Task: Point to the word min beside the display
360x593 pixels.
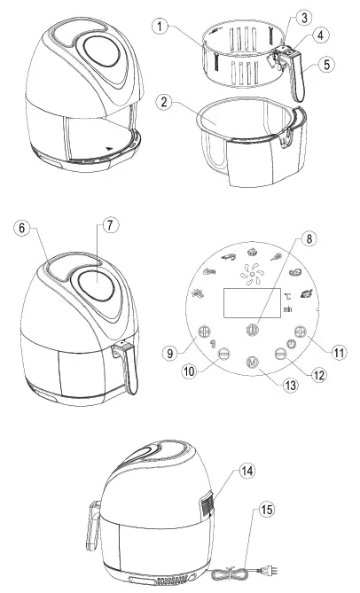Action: coord(289,310)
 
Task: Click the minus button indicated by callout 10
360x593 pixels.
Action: coord(223,352)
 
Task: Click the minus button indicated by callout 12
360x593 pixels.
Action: coord(280,352)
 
